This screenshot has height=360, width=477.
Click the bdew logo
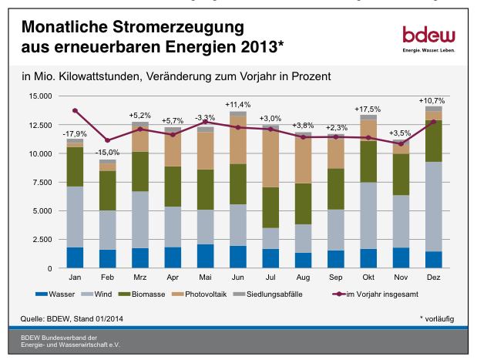click(x=428, y=37)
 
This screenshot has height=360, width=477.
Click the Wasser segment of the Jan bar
click(x=75, y=257)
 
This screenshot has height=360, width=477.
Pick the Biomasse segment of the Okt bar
click(x=368, y=162)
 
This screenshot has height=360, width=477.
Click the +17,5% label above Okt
click(x=368, y=109)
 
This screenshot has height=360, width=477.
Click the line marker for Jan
click(x=75, y=110)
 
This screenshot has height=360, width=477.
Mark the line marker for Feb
click(x=108, y=140)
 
